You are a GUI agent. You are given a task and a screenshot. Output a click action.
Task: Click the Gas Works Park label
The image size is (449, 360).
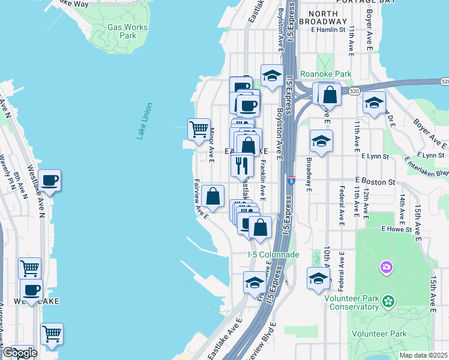point(122,31)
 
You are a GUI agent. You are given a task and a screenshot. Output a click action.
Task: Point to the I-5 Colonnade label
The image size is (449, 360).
point(273,254)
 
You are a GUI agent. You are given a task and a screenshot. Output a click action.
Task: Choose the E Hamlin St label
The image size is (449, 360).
point(328,28)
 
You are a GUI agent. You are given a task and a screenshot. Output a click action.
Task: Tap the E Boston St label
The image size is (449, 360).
point(375,181)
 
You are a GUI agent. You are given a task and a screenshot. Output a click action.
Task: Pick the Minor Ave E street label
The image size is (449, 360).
point(211,143)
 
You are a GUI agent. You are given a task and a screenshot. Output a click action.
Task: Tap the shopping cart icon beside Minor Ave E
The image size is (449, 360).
point(199,129)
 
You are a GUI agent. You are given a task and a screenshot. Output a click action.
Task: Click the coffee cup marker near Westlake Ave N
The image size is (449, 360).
point(49,180)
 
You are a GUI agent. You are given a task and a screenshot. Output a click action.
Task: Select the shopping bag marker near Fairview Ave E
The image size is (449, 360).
point(212,196)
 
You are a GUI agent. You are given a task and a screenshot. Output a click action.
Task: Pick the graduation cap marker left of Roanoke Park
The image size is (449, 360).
point(272,76)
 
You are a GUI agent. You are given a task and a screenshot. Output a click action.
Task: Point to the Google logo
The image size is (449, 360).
point(19,353)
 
